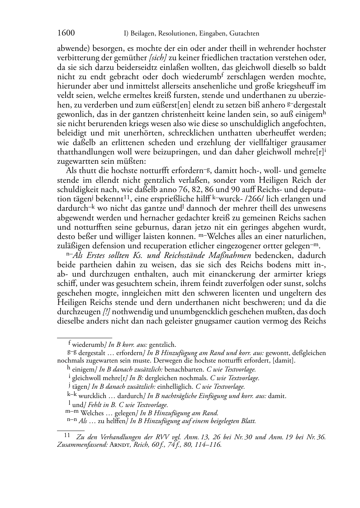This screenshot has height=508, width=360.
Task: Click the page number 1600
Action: tap(66, 33)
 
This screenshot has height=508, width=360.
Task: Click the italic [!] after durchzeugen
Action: tap(106, 311)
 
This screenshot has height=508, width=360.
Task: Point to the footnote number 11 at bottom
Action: tap(67, 435)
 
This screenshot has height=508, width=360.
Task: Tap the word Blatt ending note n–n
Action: tap(248, 421)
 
